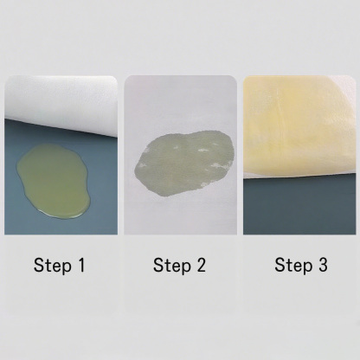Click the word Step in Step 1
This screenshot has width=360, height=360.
(x=53, y=266)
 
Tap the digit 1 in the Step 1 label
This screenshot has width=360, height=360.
(x=81, y=265)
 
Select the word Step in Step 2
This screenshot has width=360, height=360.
(x=172, y=266)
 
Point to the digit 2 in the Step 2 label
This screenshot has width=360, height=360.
(x=201, y=265)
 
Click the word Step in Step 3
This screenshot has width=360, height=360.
(x=293, y=266)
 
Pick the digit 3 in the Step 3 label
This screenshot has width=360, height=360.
(x=323, y=265)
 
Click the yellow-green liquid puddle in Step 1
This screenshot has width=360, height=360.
(x=55, y=180)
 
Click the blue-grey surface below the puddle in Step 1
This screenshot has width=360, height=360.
(x=61, y=226)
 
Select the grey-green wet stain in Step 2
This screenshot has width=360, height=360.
(x=184, y=164)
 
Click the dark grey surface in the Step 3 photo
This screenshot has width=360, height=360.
(x=299, y=205)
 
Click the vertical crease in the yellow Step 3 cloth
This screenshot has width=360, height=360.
(x=280, y=112)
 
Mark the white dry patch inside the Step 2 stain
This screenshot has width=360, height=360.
(x=203, y=151)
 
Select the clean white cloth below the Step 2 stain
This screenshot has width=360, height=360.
(x=181, y=216)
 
